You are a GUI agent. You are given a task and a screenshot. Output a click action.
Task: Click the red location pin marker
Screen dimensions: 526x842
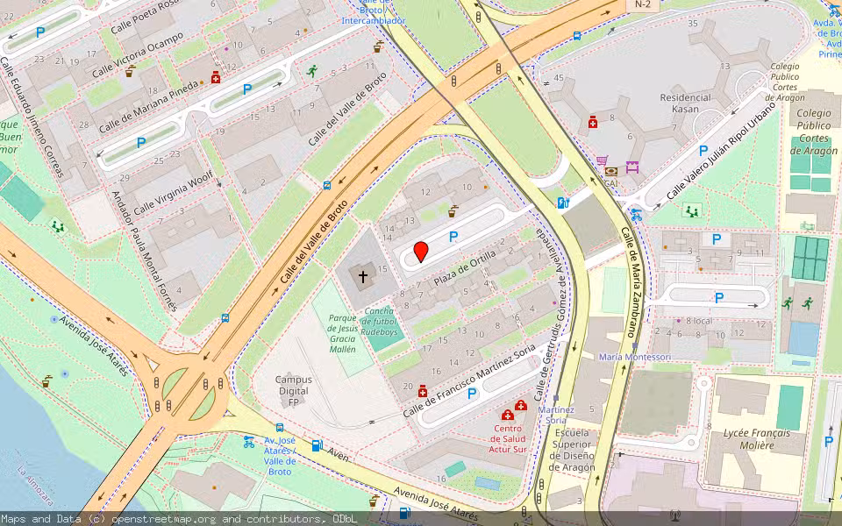(x=421, y=252)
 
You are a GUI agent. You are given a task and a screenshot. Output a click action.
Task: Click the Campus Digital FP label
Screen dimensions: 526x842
(x=293, y=391)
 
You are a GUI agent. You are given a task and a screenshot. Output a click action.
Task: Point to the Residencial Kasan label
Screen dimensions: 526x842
(x=685, y=103)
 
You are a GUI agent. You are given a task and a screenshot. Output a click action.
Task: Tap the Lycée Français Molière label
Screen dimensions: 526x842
(x=756, y=439)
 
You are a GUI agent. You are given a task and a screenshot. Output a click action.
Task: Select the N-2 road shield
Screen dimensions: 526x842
(x=642, y=5)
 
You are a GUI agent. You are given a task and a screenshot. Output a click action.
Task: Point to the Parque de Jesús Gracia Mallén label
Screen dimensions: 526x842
(x=343, y=333)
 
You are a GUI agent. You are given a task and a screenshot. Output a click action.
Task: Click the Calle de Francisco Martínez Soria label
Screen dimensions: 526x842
(x=468, y=380)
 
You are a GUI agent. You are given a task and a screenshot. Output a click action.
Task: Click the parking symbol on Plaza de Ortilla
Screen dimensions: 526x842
(x=453, y=236)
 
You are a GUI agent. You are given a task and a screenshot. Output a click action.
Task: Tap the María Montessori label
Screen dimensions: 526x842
(x=635, y=357)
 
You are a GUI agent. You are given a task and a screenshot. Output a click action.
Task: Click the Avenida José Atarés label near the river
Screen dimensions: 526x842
(x=93, y=346)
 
